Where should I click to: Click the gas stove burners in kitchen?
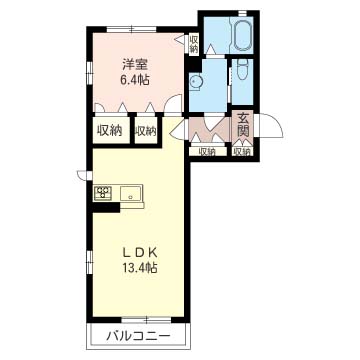point(102,192)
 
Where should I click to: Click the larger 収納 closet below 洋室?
point(110,130)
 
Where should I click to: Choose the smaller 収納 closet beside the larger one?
point(146,131)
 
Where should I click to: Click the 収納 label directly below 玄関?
point(242,152)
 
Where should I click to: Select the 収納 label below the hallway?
point(206,152)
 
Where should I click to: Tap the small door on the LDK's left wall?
point(80,177)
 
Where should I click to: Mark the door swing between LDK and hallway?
point(177,128)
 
